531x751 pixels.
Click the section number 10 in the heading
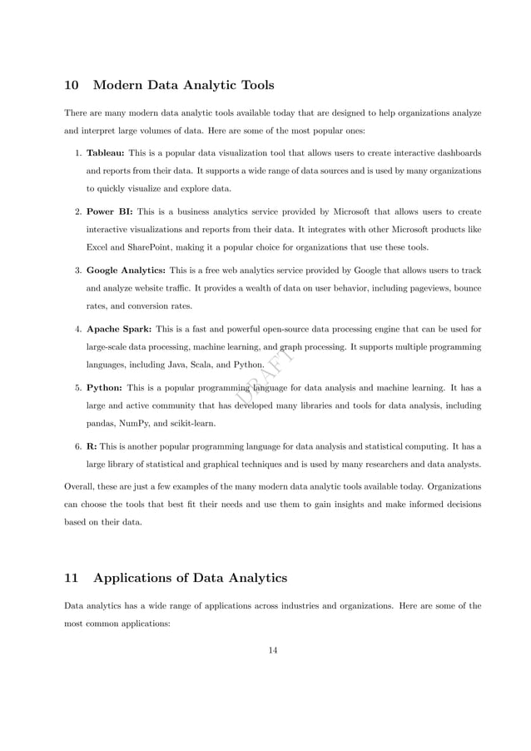(72, 85)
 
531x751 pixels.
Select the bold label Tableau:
(106, 153)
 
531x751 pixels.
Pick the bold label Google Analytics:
(126, 270)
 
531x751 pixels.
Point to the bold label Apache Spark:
(119, 329)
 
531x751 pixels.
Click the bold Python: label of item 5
(105, 387)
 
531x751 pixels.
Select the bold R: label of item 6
(92, 445)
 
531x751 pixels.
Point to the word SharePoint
(147, 247)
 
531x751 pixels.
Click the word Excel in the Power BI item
(99, 247)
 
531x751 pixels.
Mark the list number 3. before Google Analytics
(77, 270)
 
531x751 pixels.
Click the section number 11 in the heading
(72, 578)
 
